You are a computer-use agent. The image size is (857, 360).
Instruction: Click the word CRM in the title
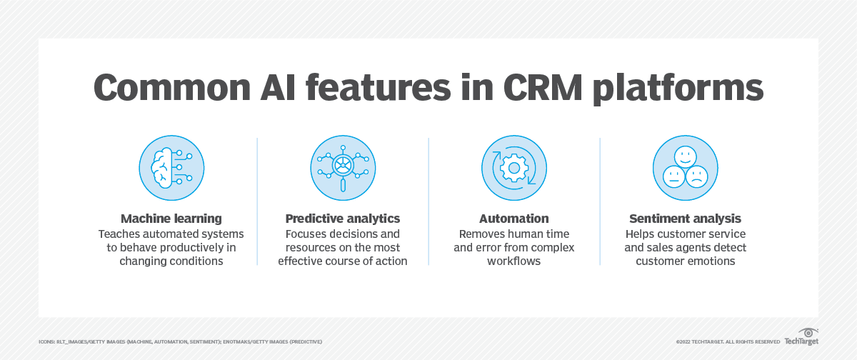[543, 88]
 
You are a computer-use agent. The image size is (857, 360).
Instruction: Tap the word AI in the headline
[278, 88]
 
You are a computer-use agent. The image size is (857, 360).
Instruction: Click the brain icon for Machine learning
[162, 168]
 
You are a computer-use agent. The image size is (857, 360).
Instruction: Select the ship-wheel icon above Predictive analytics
[343, 166]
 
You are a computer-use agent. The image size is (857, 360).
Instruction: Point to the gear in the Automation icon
[514, 168]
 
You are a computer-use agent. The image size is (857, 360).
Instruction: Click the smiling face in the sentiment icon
[685, 157]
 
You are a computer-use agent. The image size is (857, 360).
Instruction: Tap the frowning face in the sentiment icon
[697, 176]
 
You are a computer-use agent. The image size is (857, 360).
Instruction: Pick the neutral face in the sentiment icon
[673, 176]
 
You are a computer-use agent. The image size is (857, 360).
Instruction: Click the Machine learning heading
[171, 219]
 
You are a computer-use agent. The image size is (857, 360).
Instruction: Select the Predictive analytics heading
[342, 219]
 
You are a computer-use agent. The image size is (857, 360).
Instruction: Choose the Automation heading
[513, 219]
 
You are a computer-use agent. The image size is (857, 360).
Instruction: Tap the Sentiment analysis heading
[685, 219]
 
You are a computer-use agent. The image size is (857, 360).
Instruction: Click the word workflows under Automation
[513, 261]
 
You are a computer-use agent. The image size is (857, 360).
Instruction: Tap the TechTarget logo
[801, 337]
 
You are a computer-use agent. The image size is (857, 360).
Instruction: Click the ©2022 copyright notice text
[728, 341]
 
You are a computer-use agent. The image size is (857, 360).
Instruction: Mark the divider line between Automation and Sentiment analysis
[600, 201]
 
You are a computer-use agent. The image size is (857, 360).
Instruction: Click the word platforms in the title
[678, 89]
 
